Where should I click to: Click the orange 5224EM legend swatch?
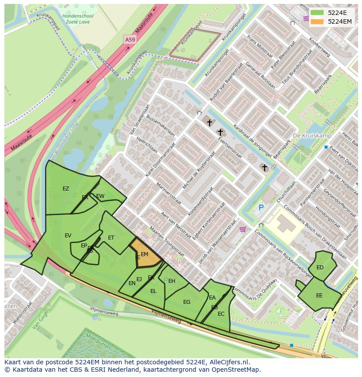pyautogui.click(x=317, y=21)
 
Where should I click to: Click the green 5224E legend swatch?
pyautogui.click(x=317, y=13)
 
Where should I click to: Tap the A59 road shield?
pyautogui.click(x=130, y=39)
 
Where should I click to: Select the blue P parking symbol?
pyautogui.click(x=261, y=208)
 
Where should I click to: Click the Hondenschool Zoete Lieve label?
pyautogui.click(x=78, y=19)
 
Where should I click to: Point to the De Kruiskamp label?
pyautogui.click(x=312, y=136)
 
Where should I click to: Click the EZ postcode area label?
pyautogui.click(x=66, y=189)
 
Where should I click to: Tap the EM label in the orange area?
pyautogui.click(x=145, y=254)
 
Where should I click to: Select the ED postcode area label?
pyautogui.click(x=320, y=268)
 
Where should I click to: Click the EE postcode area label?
pyautogui.click(x=319, y=296)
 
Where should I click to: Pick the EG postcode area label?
pyautogui.click(x=187, y=302)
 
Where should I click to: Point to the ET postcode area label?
pyautogui.click(x=111, y=238)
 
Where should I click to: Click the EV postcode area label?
pyautogui.click(x=68, y=236)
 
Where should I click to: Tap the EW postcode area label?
pyautogui.click(x=101, y=196)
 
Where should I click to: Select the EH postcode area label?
pyautogui.click(x=172, y=281)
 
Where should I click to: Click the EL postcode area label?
pyautogui.click(x=153, y=291)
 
